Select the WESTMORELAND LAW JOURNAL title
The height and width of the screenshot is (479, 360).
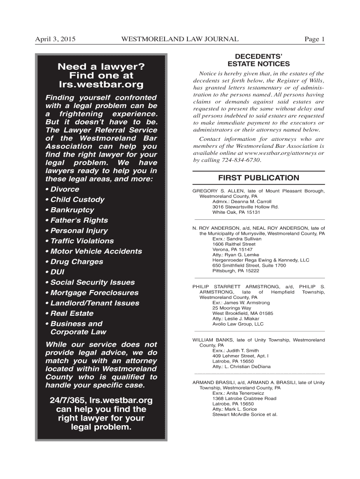pos(180,39)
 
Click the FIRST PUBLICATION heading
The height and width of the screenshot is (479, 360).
pos(259,178)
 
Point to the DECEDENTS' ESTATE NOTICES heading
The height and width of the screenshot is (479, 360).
pos(259,60)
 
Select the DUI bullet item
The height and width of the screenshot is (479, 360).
pos(56,272)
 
